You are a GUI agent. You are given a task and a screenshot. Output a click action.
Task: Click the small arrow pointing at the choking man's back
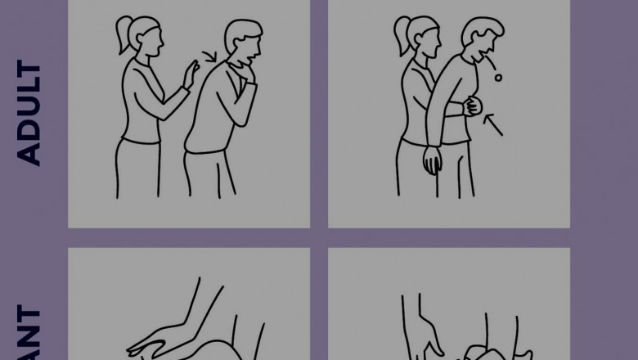point(212,58)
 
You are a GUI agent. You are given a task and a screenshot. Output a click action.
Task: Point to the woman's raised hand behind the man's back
point(191,75)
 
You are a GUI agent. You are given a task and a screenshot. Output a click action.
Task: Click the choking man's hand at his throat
point(239,88)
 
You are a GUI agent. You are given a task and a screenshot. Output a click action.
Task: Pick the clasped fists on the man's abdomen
point(472,107)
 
